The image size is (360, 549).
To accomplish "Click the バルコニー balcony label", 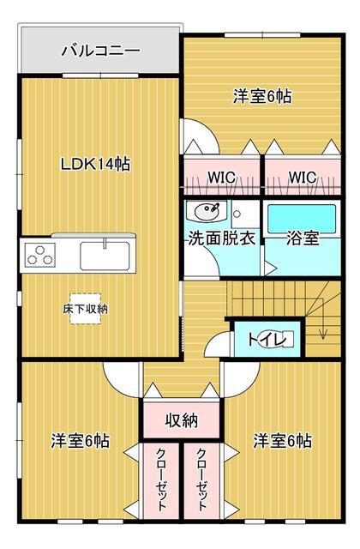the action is [x=100, y=51].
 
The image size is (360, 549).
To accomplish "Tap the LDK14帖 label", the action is [x=95, y=164].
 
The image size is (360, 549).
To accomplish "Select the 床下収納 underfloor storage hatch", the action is [x=86, y=309].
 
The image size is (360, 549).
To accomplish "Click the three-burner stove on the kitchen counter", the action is [x=40, y=255].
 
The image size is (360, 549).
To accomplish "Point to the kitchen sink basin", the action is [x=105, y=256].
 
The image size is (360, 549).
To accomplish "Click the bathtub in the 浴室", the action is [x=302, y=220].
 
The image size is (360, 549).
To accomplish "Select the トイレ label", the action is [x=267, y=339].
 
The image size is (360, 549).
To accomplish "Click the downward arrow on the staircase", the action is [x=323, y=328].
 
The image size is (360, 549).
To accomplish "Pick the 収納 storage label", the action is [x=182, y=419].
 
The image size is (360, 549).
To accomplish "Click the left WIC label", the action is [x=222, y=178].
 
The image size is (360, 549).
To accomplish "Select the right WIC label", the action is [x=303, y=178].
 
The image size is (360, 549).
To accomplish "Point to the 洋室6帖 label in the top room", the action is [x=262, y=96].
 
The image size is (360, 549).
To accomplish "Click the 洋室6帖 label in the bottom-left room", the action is [x=81, y=441].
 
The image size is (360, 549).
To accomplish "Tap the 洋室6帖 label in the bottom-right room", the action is [x=282, y=441].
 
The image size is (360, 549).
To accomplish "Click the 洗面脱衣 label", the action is [x=222, y=238].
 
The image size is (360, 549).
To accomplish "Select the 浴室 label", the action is [x=303, y=238].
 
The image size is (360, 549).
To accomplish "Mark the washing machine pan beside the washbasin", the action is [x=245, y=214].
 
